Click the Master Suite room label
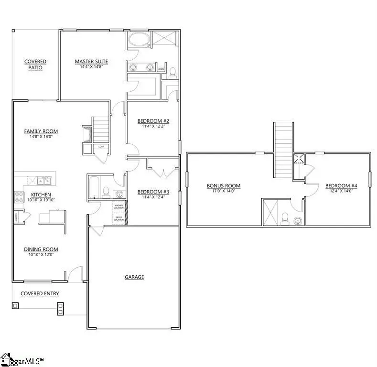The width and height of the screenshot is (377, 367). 91,61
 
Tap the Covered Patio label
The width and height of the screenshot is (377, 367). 35,65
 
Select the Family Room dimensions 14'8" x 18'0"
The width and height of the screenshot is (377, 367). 41,137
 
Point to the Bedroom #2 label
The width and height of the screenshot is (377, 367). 153,121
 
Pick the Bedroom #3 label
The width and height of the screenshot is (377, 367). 153,192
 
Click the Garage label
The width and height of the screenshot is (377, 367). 134,277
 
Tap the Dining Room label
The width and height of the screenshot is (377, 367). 41,249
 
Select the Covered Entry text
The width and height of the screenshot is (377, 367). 40,293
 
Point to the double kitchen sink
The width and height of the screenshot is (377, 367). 44,180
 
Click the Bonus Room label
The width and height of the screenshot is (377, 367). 223,186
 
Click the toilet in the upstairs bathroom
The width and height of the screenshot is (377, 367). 285,218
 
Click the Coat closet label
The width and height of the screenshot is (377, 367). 101,147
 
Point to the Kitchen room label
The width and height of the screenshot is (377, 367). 41,194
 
